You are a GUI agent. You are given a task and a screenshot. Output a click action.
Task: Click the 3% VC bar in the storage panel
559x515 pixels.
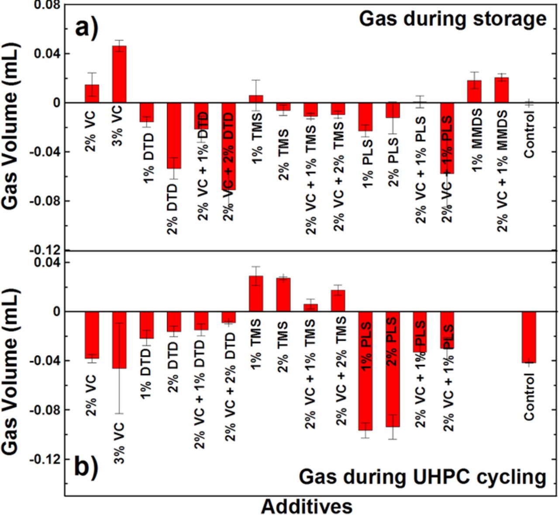pyautogui.click(x=119, y=74)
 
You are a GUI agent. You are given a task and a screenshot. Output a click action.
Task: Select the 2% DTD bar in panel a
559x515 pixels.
pyautogui.click(x=174, y=135)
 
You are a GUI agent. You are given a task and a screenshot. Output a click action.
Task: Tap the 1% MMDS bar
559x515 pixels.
pyautogui.click(x=474, y=91)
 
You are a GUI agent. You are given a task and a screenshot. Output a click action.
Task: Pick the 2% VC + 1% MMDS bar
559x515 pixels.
pyautogui.click(x=502, y=90)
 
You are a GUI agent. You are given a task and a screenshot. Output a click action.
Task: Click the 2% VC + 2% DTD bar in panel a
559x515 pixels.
pyautogui.click(x=228, y=146)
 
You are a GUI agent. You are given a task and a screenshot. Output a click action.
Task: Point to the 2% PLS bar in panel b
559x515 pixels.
pyautogui.click(x=393, y=369)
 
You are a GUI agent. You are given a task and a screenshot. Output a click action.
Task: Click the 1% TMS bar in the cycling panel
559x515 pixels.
pyautogui.click(x=256, y=294)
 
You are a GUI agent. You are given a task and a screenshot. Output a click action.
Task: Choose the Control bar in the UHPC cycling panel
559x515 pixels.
pyautogui.click(x=529, y=337)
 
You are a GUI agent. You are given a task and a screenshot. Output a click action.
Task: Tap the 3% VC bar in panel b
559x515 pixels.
pyautogui.click(x=119, y=340)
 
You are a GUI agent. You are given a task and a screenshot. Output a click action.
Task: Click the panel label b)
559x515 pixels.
pyautogui.click(x=86, y=467)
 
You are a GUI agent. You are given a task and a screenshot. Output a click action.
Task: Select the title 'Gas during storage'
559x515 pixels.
pyautogui.click(x=452, y=19)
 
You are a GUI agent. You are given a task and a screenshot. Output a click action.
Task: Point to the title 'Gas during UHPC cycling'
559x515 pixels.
pyautogui.click(x=422, y=477)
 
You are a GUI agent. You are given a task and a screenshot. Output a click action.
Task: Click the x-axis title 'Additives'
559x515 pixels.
pyautogui.click(x=307, y=506)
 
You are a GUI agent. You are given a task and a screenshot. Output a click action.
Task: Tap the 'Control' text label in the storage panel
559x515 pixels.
pyautogui.click(x=529, y=135)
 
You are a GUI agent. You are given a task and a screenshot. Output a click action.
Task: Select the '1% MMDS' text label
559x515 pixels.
pyautogui.click(x=476, y=141)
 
